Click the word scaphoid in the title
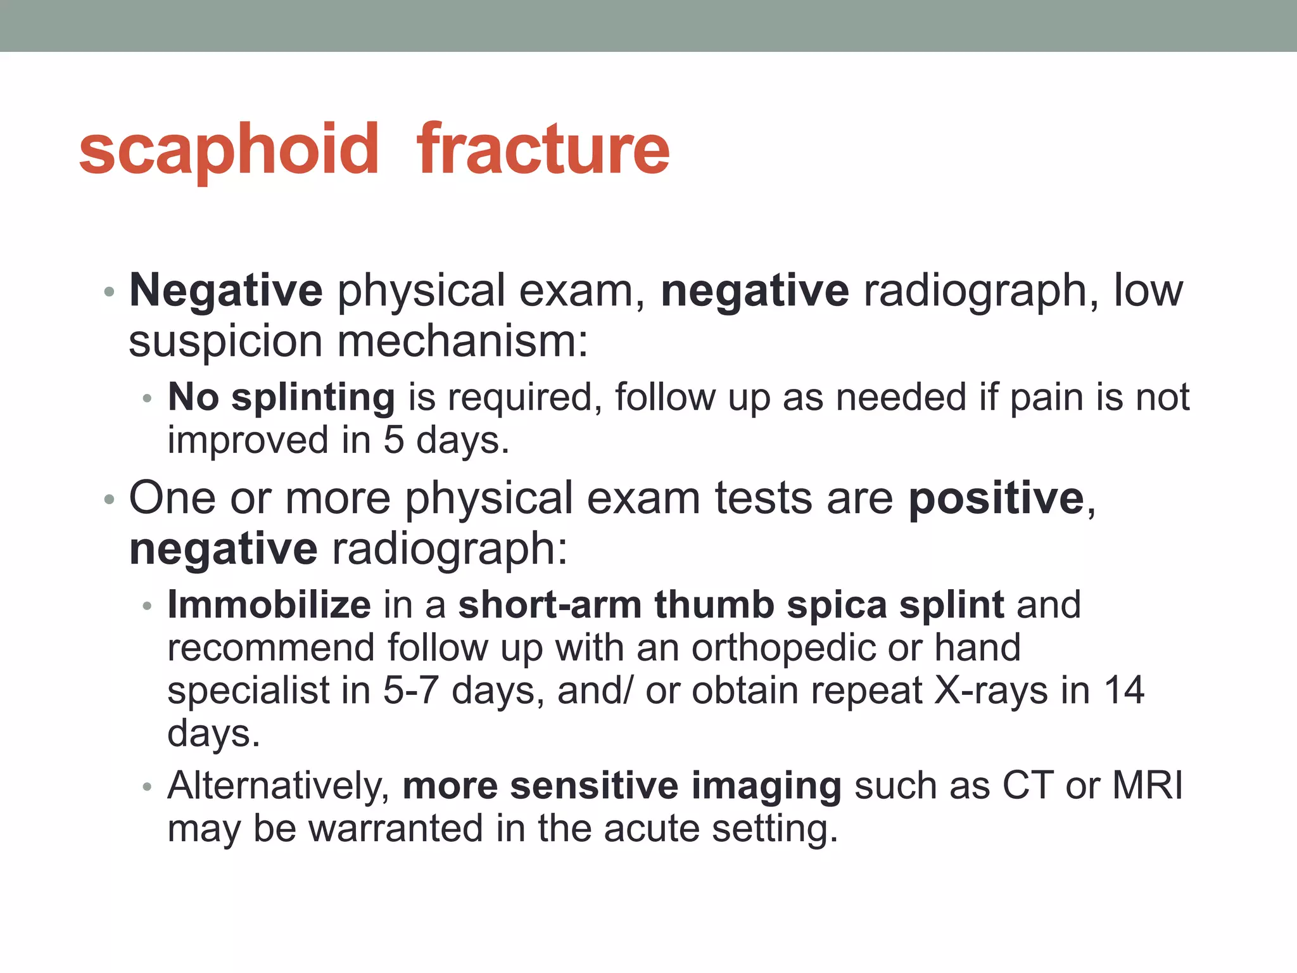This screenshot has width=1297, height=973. pos(229,149)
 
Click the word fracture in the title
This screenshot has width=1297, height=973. pos(543,149)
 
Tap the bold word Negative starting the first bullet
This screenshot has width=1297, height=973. pos(226,291)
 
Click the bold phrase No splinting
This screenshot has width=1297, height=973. pos(281,398)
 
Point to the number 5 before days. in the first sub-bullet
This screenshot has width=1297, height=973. pos(393,440)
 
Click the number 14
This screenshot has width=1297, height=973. pos(1124,690)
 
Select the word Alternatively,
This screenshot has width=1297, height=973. pos(279,786)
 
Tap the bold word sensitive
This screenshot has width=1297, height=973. pos(594,786)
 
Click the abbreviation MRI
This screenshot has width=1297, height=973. pos(1148,786)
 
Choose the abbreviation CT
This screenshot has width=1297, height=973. pos(1028,786)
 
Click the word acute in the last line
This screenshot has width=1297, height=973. pos(650,829)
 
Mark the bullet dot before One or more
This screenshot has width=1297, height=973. pos(109,500)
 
